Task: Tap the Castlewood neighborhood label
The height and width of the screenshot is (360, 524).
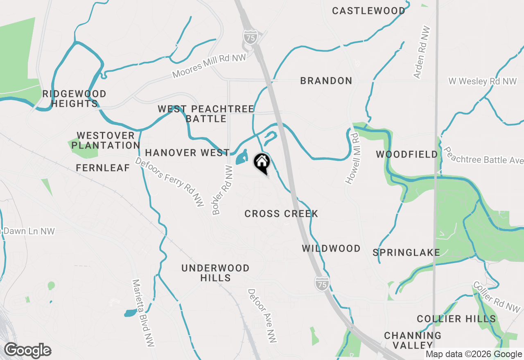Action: [x=368, y=11]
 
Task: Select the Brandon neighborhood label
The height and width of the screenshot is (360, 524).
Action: [x=326, y=81]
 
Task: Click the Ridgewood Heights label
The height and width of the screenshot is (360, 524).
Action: [x=74, y=99]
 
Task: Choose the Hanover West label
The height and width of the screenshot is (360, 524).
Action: [x=187, y=153]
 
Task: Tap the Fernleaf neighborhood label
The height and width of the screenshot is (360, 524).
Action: [x=103, y=168]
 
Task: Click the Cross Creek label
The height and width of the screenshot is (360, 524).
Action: [x=281, y=214]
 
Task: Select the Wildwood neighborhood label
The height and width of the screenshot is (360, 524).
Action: [x=331, y=249]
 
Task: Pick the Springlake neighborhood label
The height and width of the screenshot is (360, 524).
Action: [x=406, y=253]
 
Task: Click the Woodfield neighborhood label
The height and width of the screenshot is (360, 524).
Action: [x=407, y=155]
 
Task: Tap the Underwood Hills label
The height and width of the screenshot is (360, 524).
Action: [x=215, y=273]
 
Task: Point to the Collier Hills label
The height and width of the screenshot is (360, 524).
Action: [x=456, y=319]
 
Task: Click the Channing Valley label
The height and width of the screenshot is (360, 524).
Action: [x=413, y=340]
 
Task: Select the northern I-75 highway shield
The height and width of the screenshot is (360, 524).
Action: [x=250, y=36]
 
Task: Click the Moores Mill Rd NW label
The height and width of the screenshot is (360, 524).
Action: [x=209, y=66]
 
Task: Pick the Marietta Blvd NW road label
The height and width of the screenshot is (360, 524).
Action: [x=143, y=313]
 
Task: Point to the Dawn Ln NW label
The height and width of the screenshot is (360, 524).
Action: [x=29, y=232]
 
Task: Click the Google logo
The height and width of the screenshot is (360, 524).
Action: [x=27, y=351]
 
